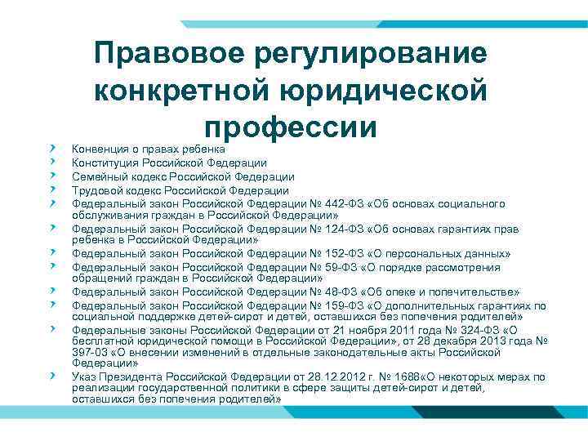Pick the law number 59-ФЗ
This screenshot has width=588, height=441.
pos(336,267)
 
